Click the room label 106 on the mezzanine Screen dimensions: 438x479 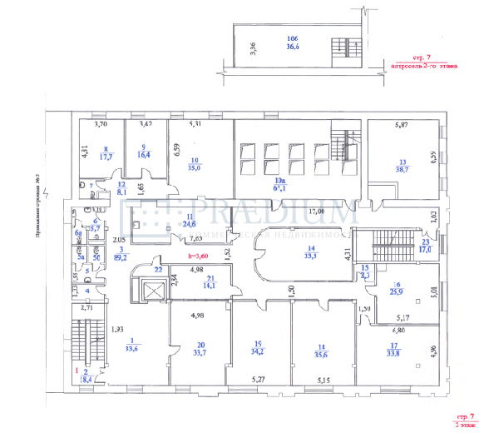(x=292, y=39)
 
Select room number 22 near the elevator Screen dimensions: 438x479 (x=157, y=268)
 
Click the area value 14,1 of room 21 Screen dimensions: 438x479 (x=211, y=286)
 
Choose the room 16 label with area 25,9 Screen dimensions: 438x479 (x=396, y=287)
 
